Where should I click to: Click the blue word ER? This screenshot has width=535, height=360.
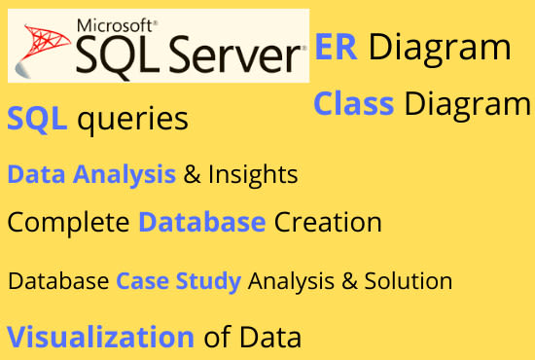click(337, 48)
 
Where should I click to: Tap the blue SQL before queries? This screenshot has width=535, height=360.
click(37, 120)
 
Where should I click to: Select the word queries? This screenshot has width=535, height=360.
click(131, 122)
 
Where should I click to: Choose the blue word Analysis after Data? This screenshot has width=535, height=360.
click(131, 175)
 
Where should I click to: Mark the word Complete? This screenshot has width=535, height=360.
click(69, 223)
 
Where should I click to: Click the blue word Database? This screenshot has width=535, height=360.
click(201, 222)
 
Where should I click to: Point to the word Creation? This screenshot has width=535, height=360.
click(328, 222)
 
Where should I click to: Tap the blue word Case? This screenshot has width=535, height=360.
click(137, 281)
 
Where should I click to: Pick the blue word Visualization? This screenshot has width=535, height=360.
click(100, 337)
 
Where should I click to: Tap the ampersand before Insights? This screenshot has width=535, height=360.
click(192, 175)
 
